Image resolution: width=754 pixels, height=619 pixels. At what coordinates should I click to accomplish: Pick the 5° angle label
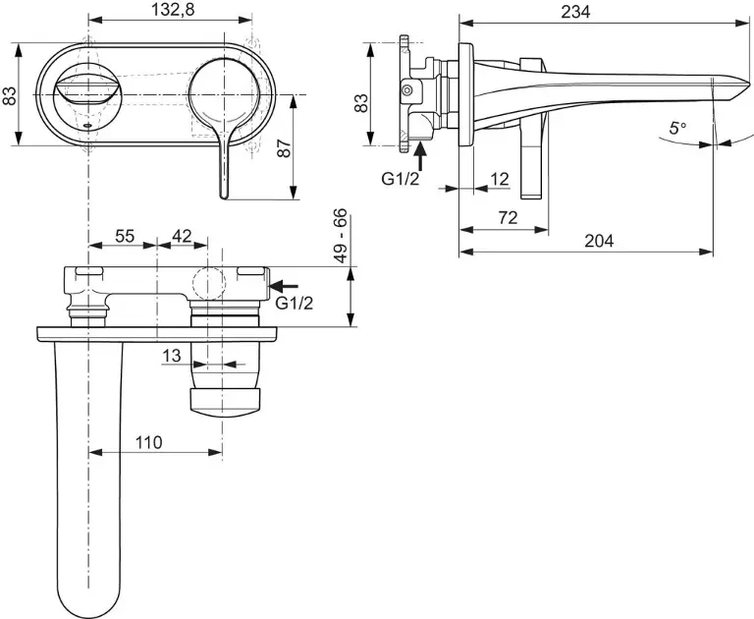pyautogui.click(x=678, y=127)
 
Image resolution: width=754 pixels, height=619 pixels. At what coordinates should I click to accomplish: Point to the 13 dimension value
pyautogui.click(x=171, y=356)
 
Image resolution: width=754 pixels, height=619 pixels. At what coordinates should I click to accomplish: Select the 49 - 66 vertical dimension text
pyautogui.click(x=341, y=234)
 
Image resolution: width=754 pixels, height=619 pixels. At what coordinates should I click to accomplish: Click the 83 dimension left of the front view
pyautogui.click(x=10, y=95)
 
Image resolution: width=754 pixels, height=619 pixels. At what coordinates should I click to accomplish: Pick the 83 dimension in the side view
pyautogui.click(x=360, y=101)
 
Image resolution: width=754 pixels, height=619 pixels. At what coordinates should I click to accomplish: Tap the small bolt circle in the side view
pyautogui.click(x=406, y=91)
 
